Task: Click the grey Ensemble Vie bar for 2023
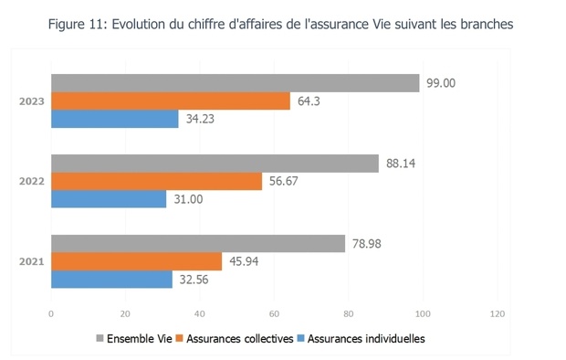point(235,83)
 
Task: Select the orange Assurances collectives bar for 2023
point(170,101)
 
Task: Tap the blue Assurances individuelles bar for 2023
point(114,118)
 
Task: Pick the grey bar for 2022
point(215,164)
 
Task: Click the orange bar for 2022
point(156,181)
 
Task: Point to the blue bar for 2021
point(111,279)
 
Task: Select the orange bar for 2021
point(136,261)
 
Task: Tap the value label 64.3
point(308,101)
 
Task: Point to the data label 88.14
point(400,164)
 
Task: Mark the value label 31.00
point(187,198)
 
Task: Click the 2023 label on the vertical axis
point(32,101)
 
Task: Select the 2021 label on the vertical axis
point(32,261)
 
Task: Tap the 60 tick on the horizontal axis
point(273,313)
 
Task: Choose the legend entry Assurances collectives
point(240,338)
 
